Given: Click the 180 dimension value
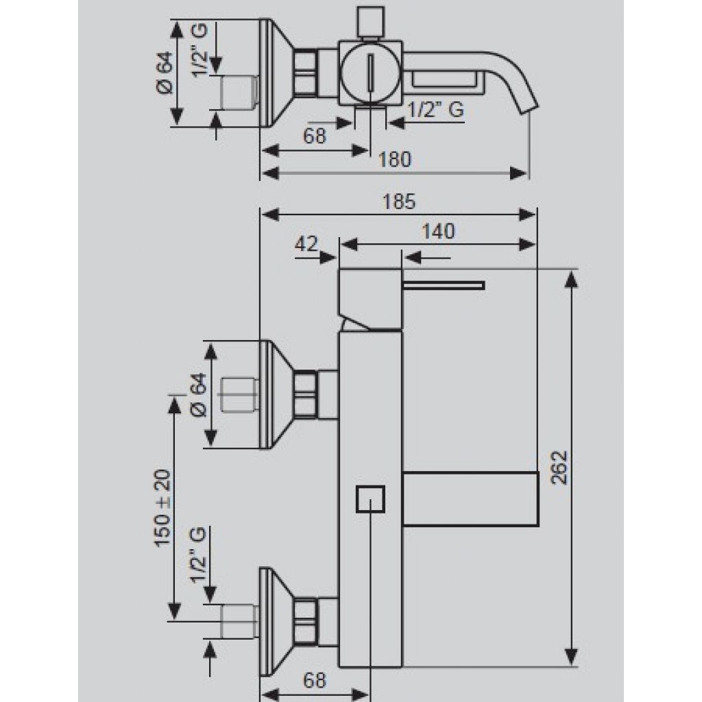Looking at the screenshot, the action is [x=394, y=159].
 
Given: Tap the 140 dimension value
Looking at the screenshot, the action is [x=438, y=232].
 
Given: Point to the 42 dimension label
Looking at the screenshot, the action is [x=306, y=244].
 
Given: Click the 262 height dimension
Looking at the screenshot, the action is [x=559, y=468].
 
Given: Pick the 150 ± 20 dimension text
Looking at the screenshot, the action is [x=162, y=508].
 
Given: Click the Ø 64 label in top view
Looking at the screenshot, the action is [x=165, y=73].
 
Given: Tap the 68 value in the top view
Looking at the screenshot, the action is [x=315, y=136].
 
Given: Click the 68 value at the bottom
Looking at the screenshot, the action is [x=314, y=681].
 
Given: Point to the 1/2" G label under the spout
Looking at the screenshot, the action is [x=436, y=110].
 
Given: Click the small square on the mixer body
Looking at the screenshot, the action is [x=370, y=499].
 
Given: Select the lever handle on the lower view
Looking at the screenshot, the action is [x=444, y=286].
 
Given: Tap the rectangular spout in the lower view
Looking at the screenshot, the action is [x=470, y=498].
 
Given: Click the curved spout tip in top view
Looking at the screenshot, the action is [x=530, y=104].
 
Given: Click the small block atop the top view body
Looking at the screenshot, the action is [x=371, y=22].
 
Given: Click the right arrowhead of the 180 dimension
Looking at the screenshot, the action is [x=519, y=173].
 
